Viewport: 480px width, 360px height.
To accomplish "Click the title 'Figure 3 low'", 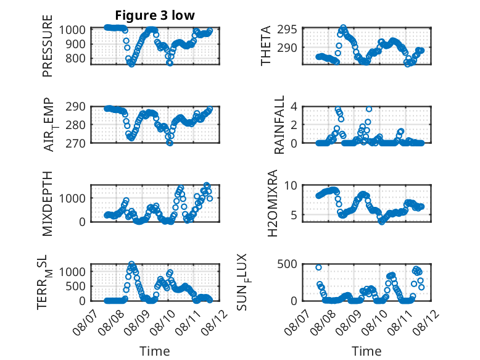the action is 155,15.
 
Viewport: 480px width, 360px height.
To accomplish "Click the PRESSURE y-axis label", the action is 48,46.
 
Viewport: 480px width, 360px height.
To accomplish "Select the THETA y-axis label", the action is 266,46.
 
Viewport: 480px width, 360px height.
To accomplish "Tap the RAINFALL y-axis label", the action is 279,125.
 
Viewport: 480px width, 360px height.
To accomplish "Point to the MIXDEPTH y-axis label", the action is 48,204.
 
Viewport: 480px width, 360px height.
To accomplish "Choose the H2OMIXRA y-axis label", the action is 273,203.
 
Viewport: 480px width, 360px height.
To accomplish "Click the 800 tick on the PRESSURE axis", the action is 76,58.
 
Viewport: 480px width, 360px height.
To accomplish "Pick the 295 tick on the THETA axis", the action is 287,30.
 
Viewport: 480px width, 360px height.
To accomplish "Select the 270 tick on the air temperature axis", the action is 76,143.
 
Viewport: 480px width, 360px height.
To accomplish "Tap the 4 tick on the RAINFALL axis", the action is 294,107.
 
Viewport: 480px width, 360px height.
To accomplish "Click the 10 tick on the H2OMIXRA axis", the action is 291,185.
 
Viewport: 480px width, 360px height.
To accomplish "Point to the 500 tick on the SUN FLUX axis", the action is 287,264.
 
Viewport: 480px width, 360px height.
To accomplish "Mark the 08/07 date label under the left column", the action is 85,322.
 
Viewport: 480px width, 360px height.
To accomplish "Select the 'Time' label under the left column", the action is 155,351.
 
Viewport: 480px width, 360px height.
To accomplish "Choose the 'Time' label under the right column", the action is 366,351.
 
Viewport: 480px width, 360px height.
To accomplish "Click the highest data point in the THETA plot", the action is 344,28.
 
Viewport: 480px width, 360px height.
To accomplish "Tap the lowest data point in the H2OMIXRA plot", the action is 381,222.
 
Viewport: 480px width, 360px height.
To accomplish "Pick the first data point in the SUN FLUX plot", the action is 319,267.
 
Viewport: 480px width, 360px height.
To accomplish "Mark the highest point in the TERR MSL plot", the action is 131,264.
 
